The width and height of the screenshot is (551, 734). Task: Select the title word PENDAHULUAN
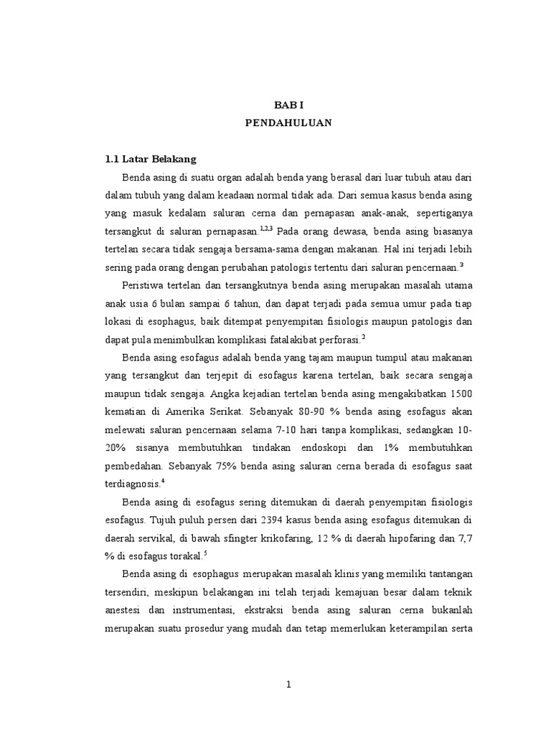pyautogui.click(x=288, y=123)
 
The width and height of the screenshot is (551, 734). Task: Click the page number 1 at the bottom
pyautogui.click(x=288, y=685)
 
